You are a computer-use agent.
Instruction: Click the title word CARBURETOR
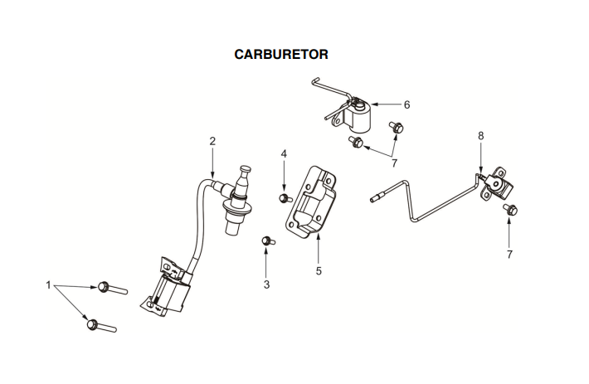click(x=282, y=55)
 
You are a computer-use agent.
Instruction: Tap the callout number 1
click(x=48, y=285)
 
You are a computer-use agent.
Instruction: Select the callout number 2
click(x=212, y=141)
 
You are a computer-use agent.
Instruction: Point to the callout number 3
click(x=266, y=284)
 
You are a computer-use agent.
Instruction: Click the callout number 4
click(x=284, y=154)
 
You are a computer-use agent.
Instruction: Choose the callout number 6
click(x=406, y=105)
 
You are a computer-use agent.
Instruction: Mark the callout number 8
click(x=480, y=135)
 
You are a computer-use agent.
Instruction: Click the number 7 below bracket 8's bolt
click(x=509, y=254)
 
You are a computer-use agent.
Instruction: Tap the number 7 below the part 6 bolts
click(x=394, y=163)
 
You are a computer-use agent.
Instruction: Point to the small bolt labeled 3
click(x=267, y=241)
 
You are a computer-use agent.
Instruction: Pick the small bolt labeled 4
click(x=285, y=197)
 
